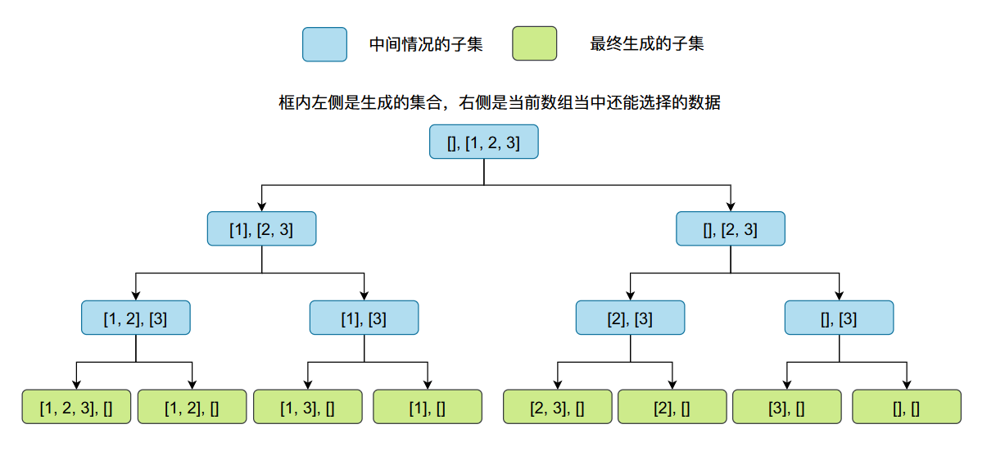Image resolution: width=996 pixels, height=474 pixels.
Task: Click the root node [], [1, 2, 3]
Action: [x=483, y=142]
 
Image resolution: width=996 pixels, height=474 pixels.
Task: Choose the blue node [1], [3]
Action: [x=364, y=318]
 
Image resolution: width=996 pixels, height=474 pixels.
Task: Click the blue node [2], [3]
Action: [x=630, y=318]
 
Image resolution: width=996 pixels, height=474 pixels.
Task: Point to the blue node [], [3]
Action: [x=839, y=318]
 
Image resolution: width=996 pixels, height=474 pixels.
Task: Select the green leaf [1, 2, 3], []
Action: [x=76, y=407]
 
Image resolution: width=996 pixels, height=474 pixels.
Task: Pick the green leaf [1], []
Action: [x=427, y=407]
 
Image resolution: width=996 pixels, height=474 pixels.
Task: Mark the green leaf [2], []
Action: [x=672, y=407]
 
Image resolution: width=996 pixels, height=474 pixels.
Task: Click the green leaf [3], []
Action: [x=786, y=407]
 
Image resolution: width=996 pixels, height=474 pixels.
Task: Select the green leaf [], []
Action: [x=906, y=407]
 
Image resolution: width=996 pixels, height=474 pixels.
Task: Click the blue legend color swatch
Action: [x=325, y=44]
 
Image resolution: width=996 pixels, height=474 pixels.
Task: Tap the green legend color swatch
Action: [x=534, y=44]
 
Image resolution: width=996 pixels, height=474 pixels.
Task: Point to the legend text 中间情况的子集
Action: [x=426, y=44]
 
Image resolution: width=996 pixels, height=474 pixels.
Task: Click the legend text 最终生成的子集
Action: [x=647, y=44]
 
